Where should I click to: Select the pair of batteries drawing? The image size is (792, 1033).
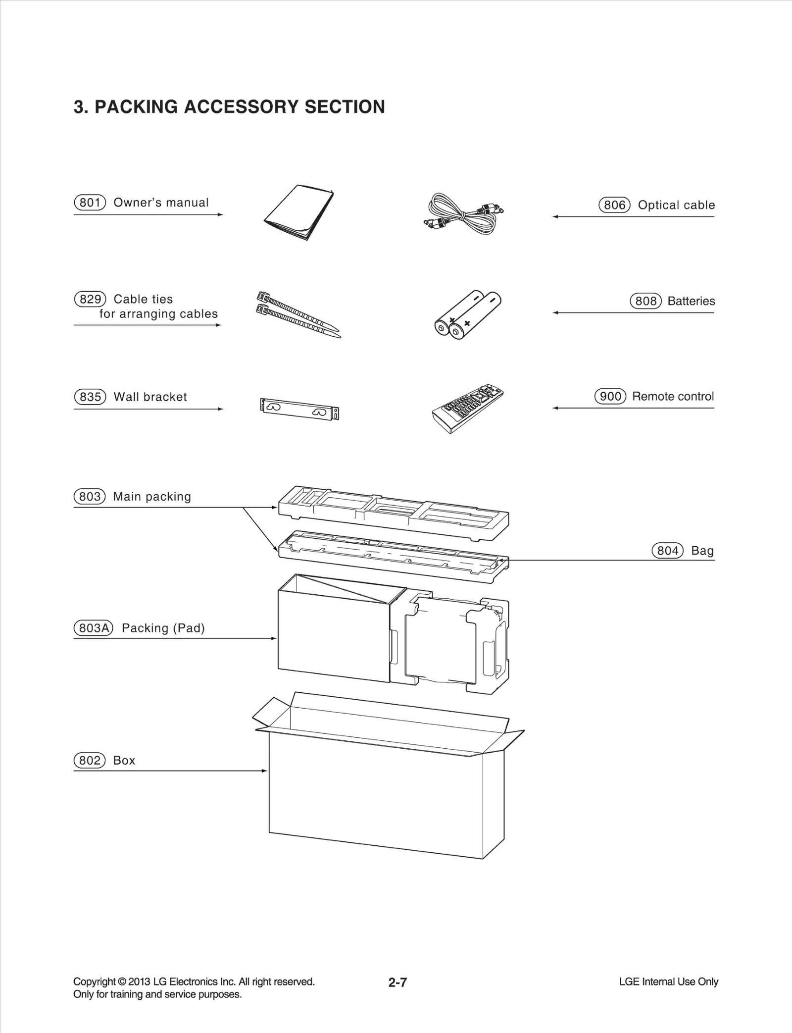[467, 314]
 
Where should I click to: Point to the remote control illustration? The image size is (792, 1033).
[467, 409]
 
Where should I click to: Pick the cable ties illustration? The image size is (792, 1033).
[298, 314]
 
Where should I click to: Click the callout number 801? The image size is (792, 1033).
[90, 203]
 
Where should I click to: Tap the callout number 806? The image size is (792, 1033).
[614, 205]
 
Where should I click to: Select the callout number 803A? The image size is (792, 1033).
[93, 628]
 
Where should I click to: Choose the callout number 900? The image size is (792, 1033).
[610, 396]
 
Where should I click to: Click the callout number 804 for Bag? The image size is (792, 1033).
[667, 551]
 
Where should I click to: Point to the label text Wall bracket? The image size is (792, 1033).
[150, 397]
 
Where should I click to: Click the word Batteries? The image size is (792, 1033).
[691, 301]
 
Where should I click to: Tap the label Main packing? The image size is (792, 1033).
[152, 496]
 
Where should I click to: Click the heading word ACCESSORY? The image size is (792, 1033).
[241, 107]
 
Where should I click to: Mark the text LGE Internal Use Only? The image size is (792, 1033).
[668, 981]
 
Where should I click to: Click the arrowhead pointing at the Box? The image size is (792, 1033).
[265, 771]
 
